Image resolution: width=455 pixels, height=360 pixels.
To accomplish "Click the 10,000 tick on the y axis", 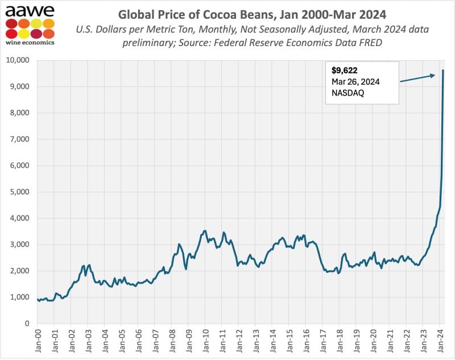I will click(x=18, y=60).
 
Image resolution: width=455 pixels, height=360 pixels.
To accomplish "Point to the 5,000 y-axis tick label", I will click(x=20, y=192).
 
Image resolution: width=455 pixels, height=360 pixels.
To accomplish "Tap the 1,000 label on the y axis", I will click(x=20, y=297).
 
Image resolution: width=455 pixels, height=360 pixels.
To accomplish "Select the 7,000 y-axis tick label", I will click(x=20, y=139).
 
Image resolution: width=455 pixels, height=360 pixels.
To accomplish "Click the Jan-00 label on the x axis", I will click(x=39, y=341).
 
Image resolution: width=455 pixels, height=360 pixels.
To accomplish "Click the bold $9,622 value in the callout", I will click(x=344, y=72).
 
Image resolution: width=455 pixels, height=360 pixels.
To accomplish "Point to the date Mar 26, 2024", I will click(x=356, y=82).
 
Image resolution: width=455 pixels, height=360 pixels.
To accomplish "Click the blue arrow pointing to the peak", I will click(x=418, y=77).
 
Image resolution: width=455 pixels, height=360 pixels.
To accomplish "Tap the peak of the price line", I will click(x=443, y=70).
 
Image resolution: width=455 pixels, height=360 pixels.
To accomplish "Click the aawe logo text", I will click(x=30, y=11).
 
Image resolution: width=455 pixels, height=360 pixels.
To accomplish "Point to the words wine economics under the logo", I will click(x=30, y=41).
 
